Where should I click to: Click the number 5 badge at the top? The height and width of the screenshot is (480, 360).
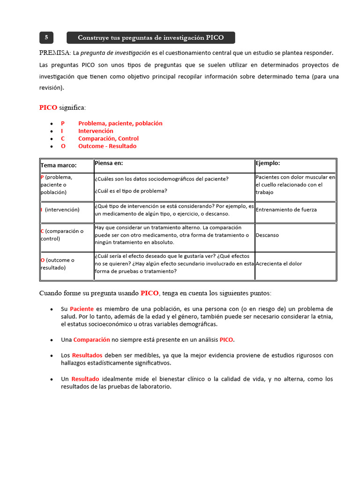coord(46,37)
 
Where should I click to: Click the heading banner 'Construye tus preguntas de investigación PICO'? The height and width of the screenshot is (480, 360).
coord(150,37)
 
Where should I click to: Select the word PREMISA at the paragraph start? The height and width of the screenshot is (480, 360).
coord(54,52)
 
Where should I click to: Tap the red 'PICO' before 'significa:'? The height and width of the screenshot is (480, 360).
coord(48,107)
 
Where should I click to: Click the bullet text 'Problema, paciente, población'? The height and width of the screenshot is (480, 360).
coord(120,123)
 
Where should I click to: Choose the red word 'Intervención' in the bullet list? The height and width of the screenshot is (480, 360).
coord(96,131)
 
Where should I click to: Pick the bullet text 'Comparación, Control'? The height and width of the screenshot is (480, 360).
coord(108,138)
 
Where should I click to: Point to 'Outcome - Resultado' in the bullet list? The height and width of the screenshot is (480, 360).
coord(107,146)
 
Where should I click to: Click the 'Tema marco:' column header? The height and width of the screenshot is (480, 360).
coord(59,165)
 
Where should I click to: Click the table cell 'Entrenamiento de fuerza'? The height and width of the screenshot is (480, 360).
coord(286,210)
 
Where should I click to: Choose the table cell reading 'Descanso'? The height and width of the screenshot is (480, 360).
coord(267,235)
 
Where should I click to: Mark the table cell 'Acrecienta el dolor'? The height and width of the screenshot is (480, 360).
coord(279,263)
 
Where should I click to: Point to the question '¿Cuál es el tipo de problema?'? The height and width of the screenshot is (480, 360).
coord(130,191)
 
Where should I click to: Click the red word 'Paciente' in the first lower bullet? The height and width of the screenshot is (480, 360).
coord(82,309)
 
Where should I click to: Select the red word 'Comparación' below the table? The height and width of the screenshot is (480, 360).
coord(91,339)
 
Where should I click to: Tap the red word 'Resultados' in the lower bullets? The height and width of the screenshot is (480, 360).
coord(87,355)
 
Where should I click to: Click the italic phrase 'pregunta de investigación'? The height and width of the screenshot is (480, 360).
coord(115,53)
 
